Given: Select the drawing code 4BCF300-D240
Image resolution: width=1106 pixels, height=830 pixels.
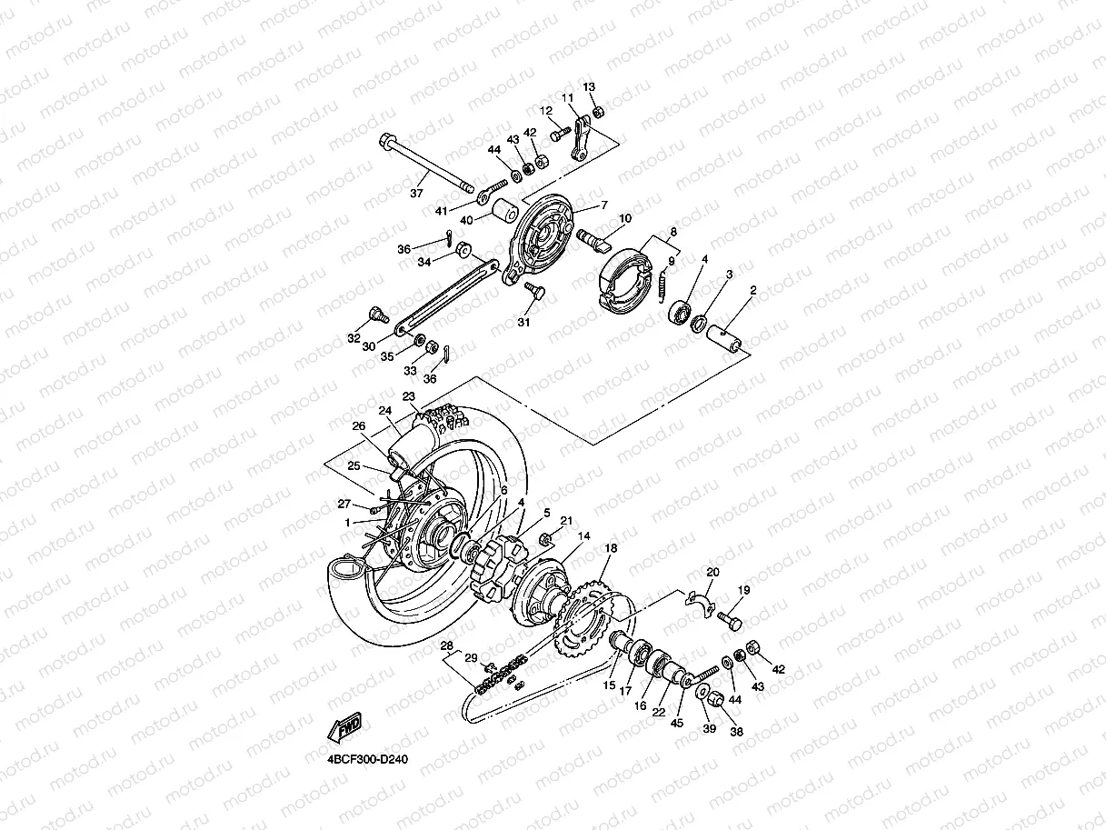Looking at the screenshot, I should (x=362, y=759).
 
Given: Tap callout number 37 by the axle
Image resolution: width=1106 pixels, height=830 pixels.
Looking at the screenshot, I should (x=416, y=193).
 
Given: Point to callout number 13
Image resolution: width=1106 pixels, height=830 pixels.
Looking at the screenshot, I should (x=589, y=87).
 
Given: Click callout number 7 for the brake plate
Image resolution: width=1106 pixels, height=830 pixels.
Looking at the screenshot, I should (x=603, y=205).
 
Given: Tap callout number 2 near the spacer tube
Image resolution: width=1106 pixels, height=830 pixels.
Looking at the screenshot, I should (x=752, y=291).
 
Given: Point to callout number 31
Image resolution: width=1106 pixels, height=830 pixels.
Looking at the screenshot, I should (x=523, y=323).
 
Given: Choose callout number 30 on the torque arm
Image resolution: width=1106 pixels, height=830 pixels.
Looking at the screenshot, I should (x=368, y=346).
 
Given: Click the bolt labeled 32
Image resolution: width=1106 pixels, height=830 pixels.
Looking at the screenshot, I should (x=374, y=316).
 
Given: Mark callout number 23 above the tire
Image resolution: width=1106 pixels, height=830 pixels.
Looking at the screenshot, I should (x=408, y=396).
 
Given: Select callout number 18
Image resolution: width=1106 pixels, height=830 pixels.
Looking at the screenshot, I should (x=611, y=548).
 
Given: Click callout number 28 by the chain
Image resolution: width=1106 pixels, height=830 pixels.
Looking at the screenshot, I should (x=446, y=645).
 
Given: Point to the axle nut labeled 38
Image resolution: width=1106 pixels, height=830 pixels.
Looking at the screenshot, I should (x=715, y=701).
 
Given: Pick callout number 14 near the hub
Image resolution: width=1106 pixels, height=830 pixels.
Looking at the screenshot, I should (x=583, y=536).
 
